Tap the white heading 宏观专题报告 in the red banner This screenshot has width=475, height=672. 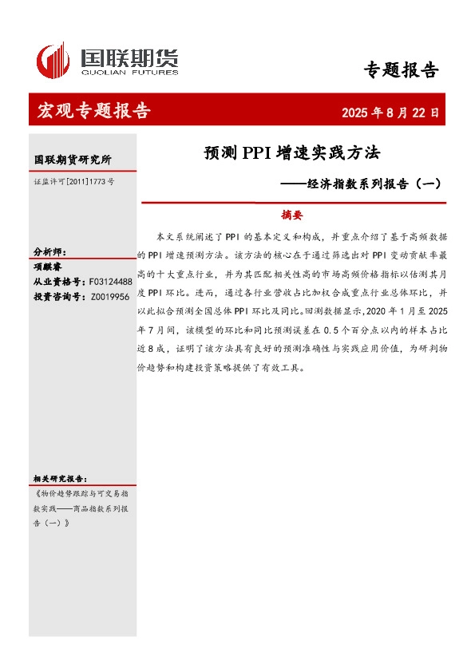pos(93,111)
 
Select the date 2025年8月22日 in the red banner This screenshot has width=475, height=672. pos(390,113)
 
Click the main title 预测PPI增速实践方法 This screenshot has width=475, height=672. pos(292,152)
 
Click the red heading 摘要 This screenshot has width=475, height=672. pos(292,215)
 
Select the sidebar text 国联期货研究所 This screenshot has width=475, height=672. pos(73,160)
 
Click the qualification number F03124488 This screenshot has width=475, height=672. pos(111,282)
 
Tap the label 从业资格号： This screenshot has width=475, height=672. pos(58,282)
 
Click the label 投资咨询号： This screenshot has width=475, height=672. pos(58,296)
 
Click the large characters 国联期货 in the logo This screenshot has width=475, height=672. pos(129,57)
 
